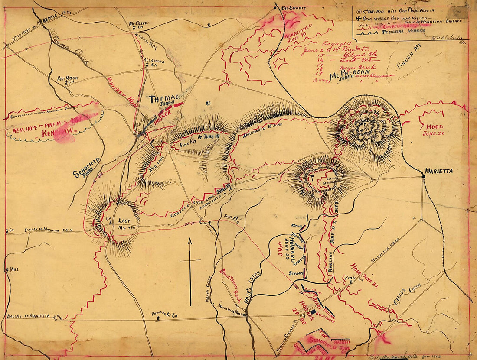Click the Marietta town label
[x=439, y=171]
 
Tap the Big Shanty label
[x=294, y=8]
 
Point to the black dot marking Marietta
[x=423, y=176]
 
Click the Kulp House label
[x=324, y=313]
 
